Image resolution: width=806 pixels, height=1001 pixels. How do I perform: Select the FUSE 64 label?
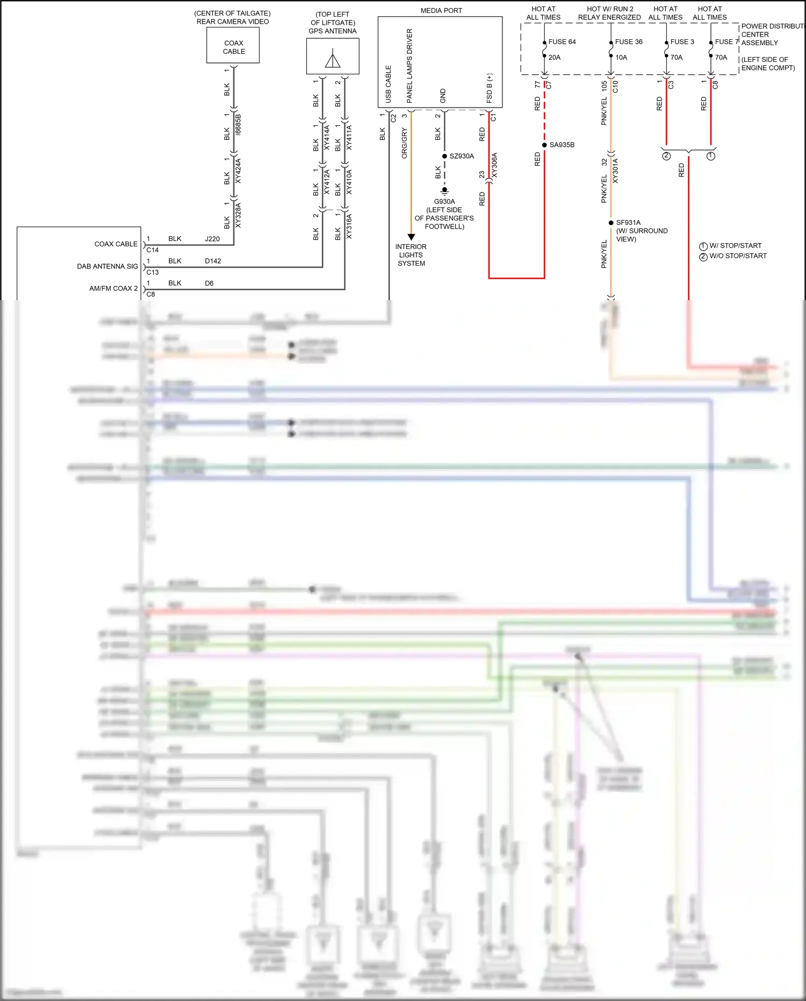tap(562, 42)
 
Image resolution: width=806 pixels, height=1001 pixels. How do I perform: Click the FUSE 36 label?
tap(629, 42)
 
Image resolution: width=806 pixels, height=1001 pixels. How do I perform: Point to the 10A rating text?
tap(621, 58)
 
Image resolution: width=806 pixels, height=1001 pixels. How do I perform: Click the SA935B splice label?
tap(562, 145)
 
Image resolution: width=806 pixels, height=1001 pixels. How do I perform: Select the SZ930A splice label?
tap(462, 157)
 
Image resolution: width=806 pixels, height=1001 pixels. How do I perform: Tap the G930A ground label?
tap(444, 202)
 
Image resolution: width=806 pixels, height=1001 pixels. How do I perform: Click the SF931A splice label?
tap(628, 223)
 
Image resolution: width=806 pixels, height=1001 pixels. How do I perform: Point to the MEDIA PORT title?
tap(441, 11)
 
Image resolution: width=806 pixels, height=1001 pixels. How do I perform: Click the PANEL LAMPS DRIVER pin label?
tap(409, 66)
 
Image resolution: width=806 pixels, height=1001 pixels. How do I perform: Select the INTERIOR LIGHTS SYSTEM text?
tap(411, 255)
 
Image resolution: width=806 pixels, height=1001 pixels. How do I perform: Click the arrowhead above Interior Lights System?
tap(411, 237)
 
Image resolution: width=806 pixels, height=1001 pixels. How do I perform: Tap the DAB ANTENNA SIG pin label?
tap(107, 267)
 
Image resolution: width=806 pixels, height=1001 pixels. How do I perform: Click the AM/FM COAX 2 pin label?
tap(113, 289)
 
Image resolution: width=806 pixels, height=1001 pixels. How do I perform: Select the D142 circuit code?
tap(213, 261)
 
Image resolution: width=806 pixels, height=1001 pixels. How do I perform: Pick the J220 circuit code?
tap(212, 239)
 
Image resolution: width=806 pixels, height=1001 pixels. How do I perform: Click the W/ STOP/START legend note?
tap(735, 246)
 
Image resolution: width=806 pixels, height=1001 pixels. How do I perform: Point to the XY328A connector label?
tap(238, 215)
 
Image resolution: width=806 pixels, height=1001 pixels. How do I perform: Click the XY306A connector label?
tap(494, 166)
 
